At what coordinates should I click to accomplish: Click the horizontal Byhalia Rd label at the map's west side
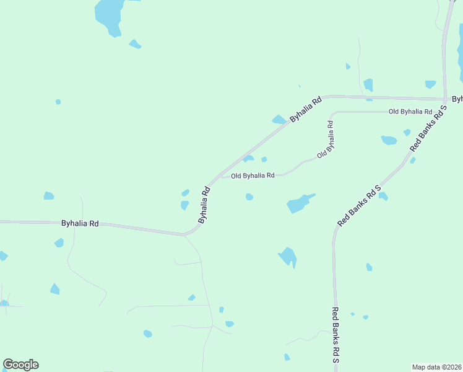pos(80,223)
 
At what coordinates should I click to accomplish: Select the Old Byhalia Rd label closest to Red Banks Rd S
pos(410,112)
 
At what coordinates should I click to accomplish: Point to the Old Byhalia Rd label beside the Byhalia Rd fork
pos(253,176)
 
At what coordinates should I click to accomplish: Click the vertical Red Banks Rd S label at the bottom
pos(335,335)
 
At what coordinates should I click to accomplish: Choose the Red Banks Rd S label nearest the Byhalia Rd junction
pos(428,129)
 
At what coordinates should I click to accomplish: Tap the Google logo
pos(20,365)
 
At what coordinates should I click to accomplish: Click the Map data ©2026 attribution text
pos(437,366)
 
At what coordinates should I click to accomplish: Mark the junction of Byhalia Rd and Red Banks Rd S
pos(444,99)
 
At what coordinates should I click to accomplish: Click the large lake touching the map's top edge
pos(108,15)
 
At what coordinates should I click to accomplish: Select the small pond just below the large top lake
pos(135,44)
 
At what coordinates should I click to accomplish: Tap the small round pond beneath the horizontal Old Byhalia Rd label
pos(249,197)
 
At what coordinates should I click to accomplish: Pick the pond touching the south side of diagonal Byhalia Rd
pos(279,120)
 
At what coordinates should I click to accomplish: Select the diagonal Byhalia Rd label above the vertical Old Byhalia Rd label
pos(306,108)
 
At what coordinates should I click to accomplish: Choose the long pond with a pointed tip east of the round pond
pos(299,203)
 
